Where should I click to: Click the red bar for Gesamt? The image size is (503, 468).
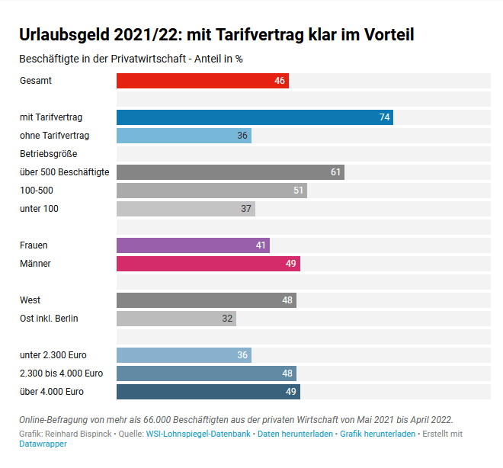[202, 81]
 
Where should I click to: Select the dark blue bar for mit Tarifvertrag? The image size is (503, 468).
[255, 117]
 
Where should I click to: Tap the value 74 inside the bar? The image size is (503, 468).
[384, 117]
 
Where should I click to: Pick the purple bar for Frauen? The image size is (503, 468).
[193, 245]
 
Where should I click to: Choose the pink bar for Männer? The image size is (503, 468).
[208, 264]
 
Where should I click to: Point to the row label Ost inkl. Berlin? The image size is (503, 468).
[49, 319]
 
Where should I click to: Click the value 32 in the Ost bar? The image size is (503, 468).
[227, 319]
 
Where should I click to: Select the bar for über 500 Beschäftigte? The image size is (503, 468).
[230, 172]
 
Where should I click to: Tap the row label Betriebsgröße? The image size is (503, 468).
[49, 154]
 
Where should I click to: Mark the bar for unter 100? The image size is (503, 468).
[185, 209]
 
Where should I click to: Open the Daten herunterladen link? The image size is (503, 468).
[295, 434]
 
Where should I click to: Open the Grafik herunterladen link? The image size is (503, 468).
[377, 434]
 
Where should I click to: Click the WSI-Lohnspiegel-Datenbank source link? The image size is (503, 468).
[198, 434]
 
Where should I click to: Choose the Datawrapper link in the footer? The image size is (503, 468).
[43, 444]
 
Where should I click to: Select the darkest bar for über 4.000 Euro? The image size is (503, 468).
[208, 392]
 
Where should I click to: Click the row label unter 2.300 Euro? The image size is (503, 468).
[53, 355]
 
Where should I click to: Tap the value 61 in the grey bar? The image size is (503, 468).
[335, 172]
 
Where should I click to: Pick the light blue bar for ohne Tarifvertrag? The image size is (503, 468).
[184, 136]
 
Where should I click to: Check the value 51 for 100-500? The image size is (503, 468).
[298, 191]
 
